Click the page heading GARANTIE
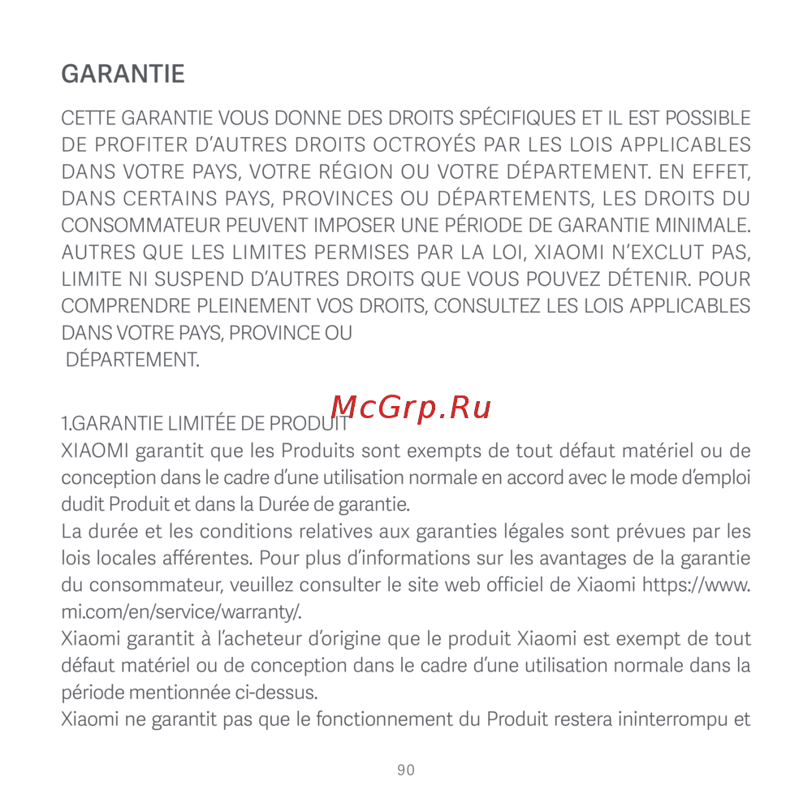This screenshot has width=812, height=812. tap(123, 75)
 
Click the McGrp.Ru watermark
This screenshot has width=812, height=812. tap(412, 406)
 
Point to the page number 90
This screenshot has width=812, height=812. tap(406, 770)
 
